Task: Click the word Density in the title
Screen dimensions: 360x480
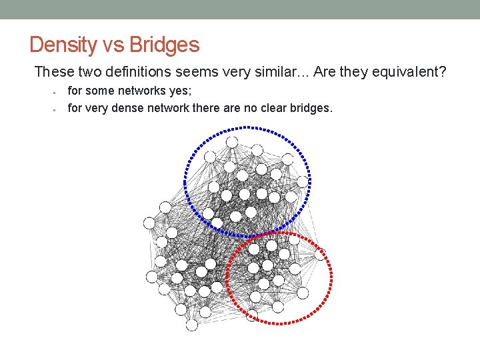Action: (63, 45)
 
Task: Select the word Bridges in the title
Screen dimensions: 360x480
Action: (164, 45)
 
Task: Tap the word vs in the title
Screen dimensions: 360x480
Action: (113, 45)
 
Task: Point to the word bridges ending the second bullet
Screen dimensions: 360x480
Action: (311, 107)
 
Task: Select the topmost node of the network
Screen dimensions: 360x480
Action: (232, 142)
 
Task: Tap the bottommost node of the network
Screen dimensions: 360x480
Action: (192, 325)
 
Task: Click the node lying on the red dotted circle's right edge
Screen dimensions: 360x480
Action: (321, 254)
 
